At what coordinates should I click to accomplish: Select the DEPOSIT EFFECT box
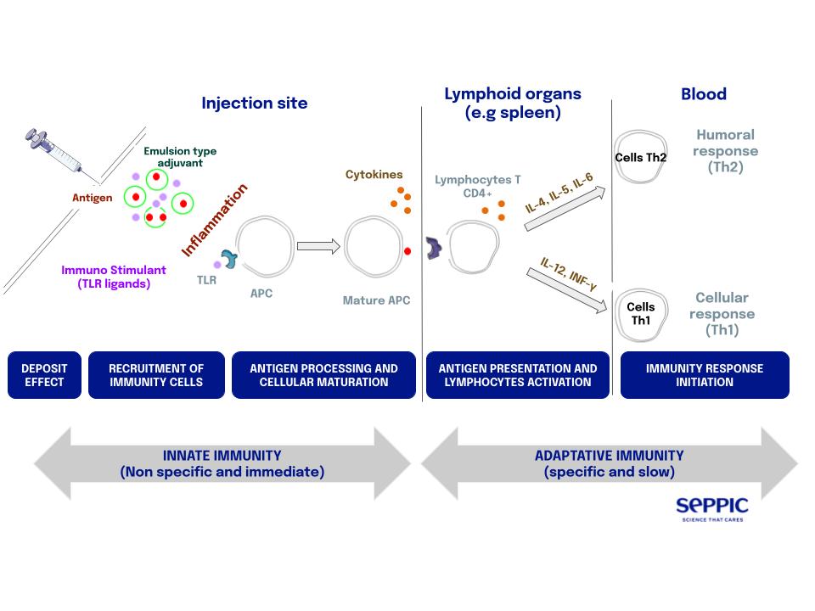click(44, 375)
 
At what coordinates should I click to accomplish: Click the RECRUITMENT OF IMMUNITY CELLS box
click(156, 375)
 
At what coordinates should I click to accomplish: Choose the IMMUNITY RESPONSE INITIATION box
click(705, 375)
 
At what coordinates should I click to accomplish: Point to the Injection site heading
click(254, 104)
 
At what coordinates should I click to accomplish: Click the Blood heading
click(704, 94)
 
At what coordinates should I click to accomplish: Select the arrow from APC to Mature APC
click(318, 246)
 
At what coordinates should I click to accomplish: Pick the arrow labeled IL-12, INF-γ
click(568, 286)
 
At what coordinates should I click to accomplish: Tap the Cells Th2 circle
click(641, 157)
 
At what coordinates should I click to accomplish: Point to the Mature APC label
click(376, 300)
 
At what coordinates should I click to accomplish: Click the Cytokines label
click(374, 175)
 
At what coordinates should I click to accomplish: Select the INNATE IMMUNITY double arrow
click(222, 463)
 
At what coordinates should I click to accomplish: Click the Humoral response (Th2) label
click(725, 150)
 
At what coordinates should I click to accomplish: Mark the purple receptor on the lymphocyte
click(435, 248)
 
